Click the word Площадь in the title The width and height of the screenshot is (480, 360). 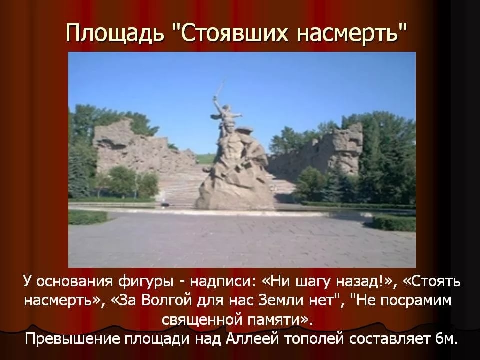point(115,33)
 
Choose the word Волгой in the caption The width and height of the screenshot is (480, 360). point(168,300)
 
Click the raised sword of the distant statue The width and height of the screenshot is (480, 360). point(219,91)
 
